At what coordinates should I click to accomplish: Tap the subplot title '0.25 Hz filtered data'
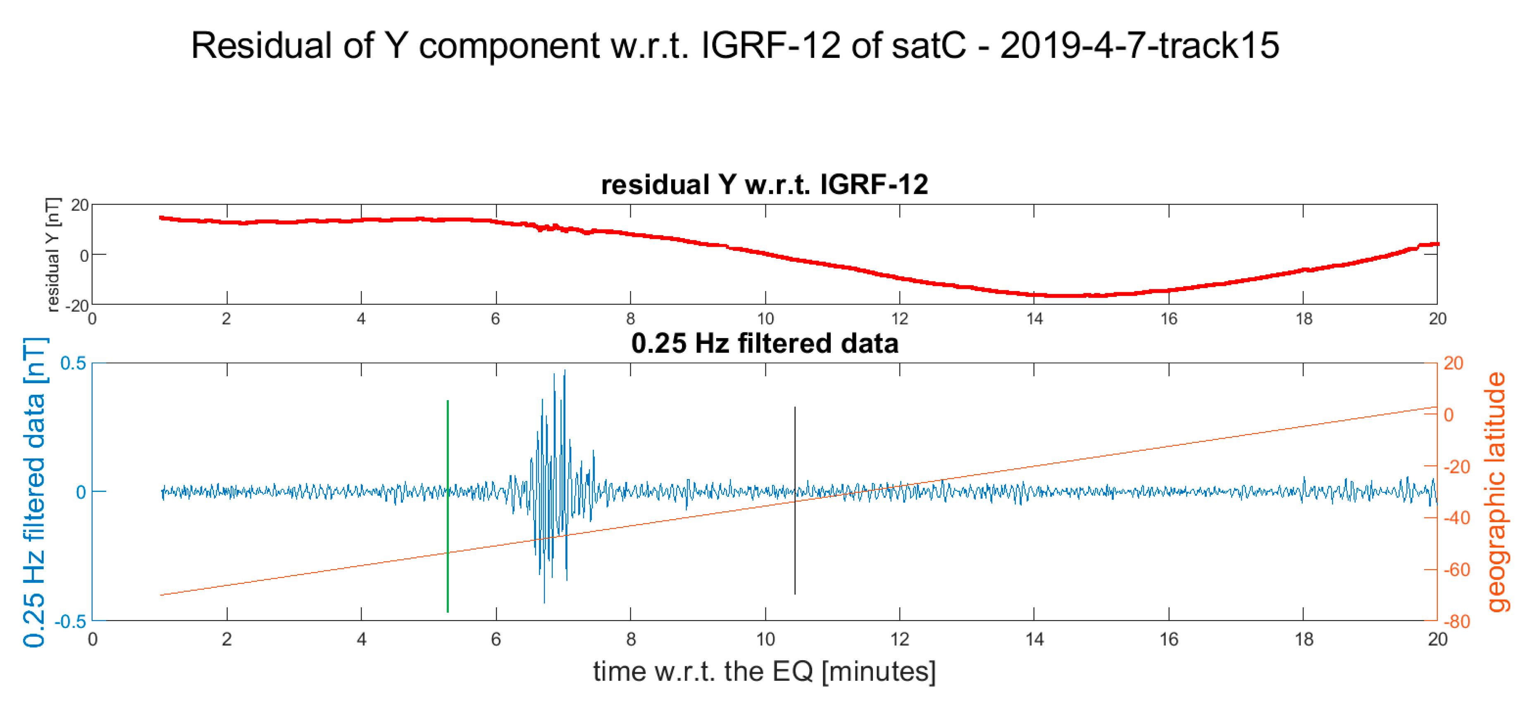(765, 344)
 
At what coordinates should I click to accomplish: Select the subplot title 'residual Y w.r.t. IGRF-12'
(765, 184)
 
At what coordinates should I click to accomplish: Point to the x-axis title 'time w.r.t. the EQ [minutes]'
(765, 671)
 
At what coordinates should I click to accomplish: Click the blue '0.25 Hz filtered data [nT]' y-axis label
(34, 492)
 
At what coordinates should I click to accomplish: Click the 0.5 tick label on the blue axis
(73, 363)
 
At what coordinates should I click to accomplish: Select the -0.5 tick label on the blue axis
(70, 621)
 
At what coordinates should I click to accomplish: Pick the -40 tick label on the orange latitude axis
(1453, 518)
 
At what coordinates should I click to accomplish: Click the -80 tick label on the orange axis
(1453, 621)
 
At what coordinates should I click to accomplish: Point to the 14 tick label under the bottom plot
(1034, 639)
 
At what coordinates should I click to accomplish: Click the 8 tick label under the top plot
(630, 319)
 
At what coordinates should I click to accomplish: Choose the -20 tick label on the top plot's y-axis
(76, 305)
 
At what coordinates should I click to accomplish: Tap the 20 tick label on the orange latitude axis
(1453, 363)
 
